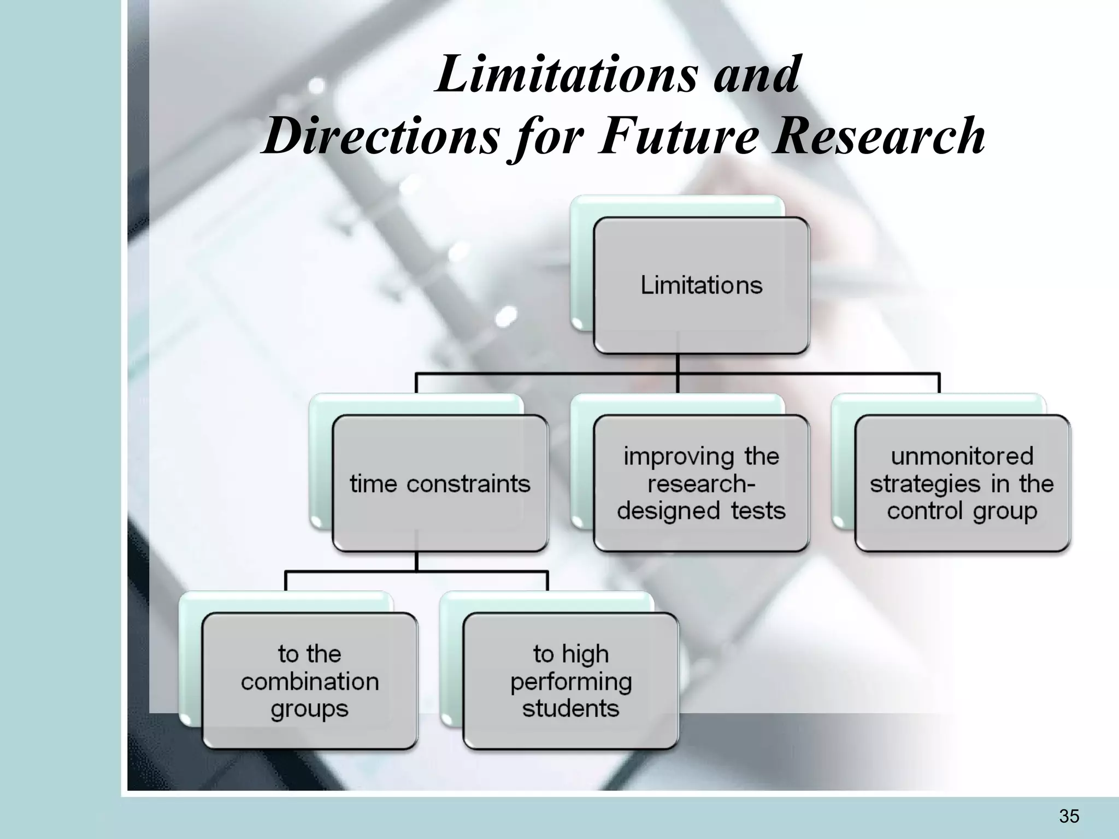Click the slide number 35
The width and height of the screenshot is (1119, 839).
[x=1069, y=816]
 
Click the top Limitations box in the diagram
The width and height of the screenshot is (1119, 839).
[x=701, y=285]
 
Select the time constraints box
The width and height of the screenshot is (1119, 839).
[x=440, y=483]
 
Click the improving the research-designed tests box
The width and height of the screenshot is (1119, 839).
[x=701, y=483]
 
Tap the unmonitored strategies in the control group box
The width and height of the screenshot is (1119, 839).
[x=962, y=483]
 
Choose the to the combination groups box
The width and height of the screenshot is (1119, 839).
[x=309, y=681]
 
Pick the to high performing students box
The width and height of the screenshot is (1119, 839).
[x=570, y=681]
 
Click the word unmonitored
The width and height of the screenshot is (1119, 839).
[x=962, y=456]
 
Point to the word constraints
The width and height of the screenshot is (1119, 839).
[x=468, y=484]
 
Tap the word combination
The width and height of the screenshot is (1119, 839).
[x=309, y=681]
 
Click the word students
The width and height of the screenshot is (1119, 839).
[x=570, y=708]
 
